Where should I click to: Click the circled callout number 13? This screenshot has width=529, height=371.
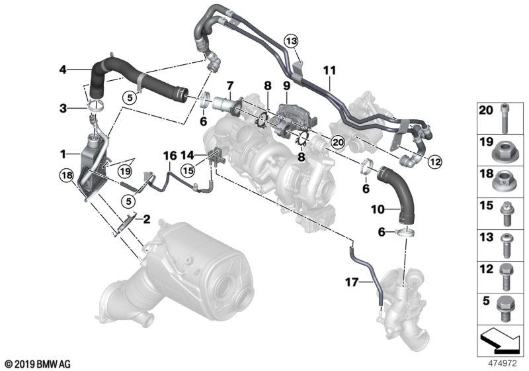pos(291,42)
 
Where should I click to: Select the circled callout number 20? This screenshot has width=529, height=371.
pos(338,142)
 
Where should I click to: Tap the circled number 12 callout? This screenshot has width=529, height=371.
pos(434,162)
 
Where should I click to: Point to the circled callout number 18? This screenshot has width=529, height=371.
pos(67,176)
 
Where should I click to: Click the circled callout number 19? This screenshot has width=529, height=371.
pos(125,172)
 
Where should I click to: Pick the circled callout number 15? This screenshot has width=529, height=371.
pos(188,171)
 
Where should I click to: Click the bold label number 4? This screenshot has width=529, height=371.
pos(63,70)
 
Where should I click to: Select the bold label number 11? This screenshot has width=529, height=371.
pos(329,71)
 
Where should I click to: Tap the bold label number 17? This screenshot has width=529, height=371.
pos(352,282)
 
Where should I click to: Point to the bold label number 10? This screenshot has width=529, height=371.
pos(378,209)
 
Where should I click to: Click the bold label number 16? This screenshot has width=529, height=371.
pos(170,156)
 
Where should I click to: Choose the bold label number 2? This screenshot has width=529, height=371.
pos(146,220)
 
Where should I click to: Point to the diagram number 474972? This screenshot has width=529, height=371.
pos(503,364)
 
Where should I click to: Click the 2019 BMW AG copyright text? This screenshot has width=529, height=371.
pos(38,364)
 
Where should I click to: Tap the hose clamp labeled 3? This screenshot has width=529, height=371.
pos(95,107)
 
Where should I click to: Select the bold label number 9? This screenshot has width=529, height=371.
pos(286,85)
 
